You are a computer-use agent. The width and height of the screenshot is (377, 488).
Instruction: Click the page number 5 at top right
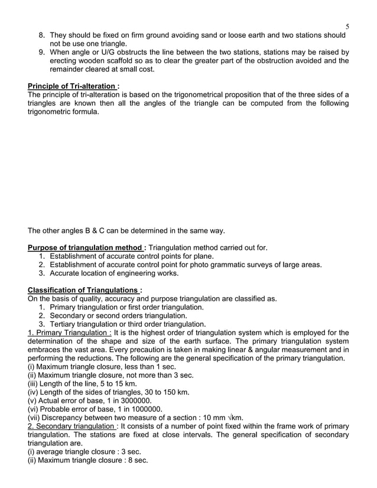(347, 27)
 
